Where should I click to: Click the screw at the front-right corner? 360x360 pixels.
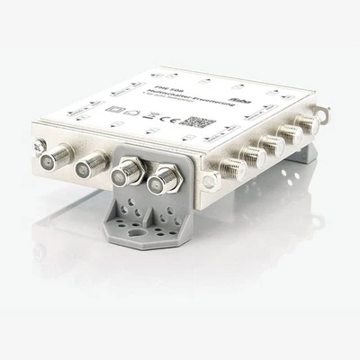click(209, 182)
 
